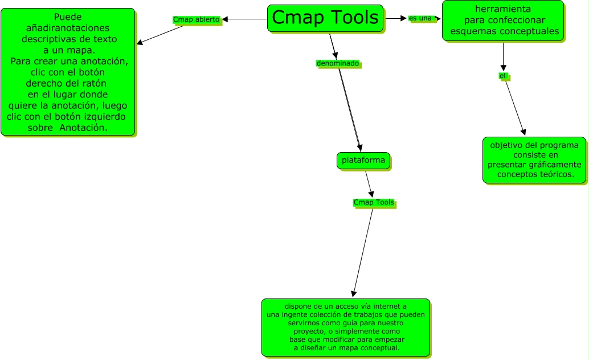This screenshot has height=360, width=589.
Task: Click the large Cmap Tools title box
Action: pyautogui.click(x=325, y=18)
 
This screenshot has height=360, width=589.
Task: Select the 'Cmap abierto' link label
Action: pyautogui.click(x=196, y=19)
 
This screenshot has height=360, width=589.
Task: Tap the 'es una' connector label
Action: pyautogui.click(x=420, y=18)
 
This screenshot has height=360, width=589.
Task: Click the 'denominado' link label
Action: pyautogui.click(x=338, y=63)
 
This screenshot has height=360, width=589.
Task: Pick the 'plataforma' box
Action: pyautogui.click(x=363, y=161)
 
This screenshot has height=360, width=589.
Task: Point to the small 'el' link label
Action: pyautogui.click(x=502, y=76)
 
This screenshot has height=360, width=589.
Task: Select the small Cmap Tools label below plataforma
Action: pyautogui.click(x=374, y=203)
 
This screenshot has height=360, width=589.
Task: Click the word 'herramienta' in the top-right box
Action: pyautogui.click(x=503, y=9)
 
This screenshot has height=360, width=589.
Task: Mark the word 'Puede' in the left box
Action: pyautogui.click(x=68, y=18)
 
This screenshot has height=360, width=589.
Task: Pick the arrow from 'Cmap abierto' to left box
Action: pyautogui.click(x=160, y=34)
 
